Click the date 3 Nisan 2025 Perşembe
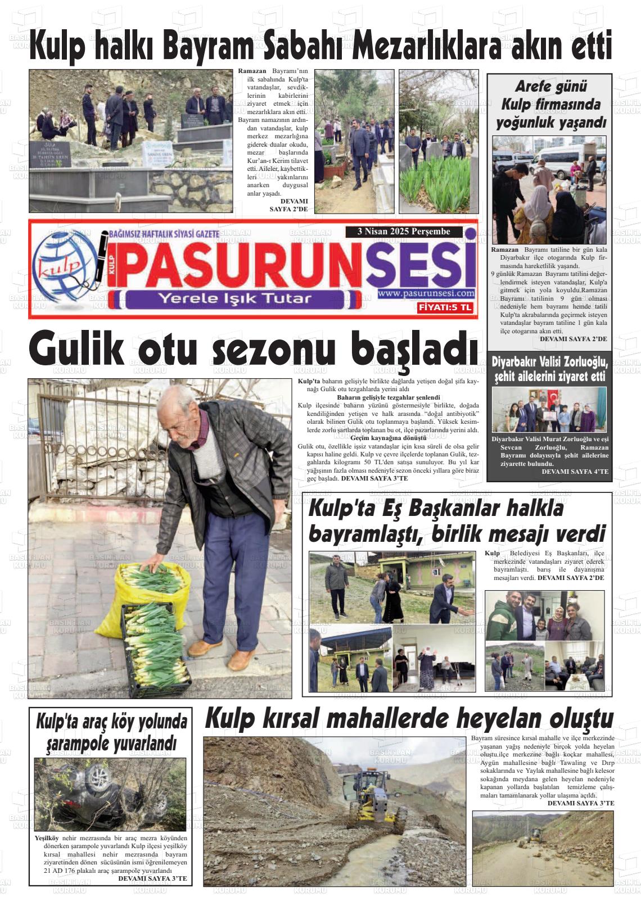click(404, 232)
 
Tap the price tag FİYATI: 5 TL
click(445, 307)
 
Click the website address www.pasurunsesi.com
click(426, 293)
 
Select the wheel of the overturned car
click(100, 778)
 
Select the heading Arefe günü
click(550, 87)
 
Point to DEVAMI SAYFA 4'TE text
click(575, 472)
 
